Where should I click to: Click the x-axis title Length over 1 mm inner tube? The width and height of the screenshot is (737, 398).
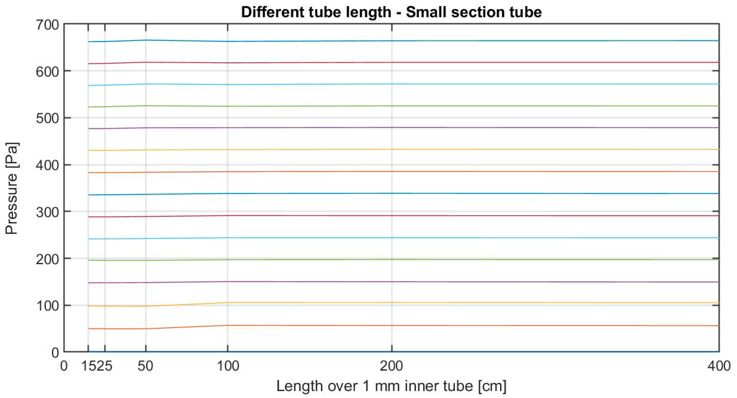(391, 386)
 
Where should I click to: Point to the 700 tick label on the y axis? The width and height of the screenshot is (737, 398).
(47, 25)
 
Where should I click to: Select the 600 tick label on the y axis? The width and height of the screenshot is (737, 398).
(47, 72)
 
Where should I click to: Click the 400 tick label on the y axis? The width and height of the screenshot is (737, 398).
(47, 165)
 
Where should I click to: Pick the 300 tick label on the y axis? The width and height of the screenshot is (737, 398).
(47, 212)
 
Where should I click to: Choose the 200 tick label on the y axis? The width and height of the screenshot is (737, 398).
(47, 259)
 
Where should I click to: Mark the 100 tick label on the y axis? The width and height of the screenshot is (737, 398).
(47, 306)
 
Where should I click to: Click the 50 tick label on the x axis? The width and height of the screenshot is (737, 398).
(146, 366)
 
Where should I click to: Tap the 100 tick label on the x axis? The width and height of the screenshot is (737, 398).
(228, 366)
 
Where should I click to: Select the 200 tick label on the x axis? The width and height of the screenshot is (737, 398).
(391, 366)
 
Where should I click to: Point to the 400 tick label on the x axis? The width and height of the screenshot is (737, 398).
(719, 366)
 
